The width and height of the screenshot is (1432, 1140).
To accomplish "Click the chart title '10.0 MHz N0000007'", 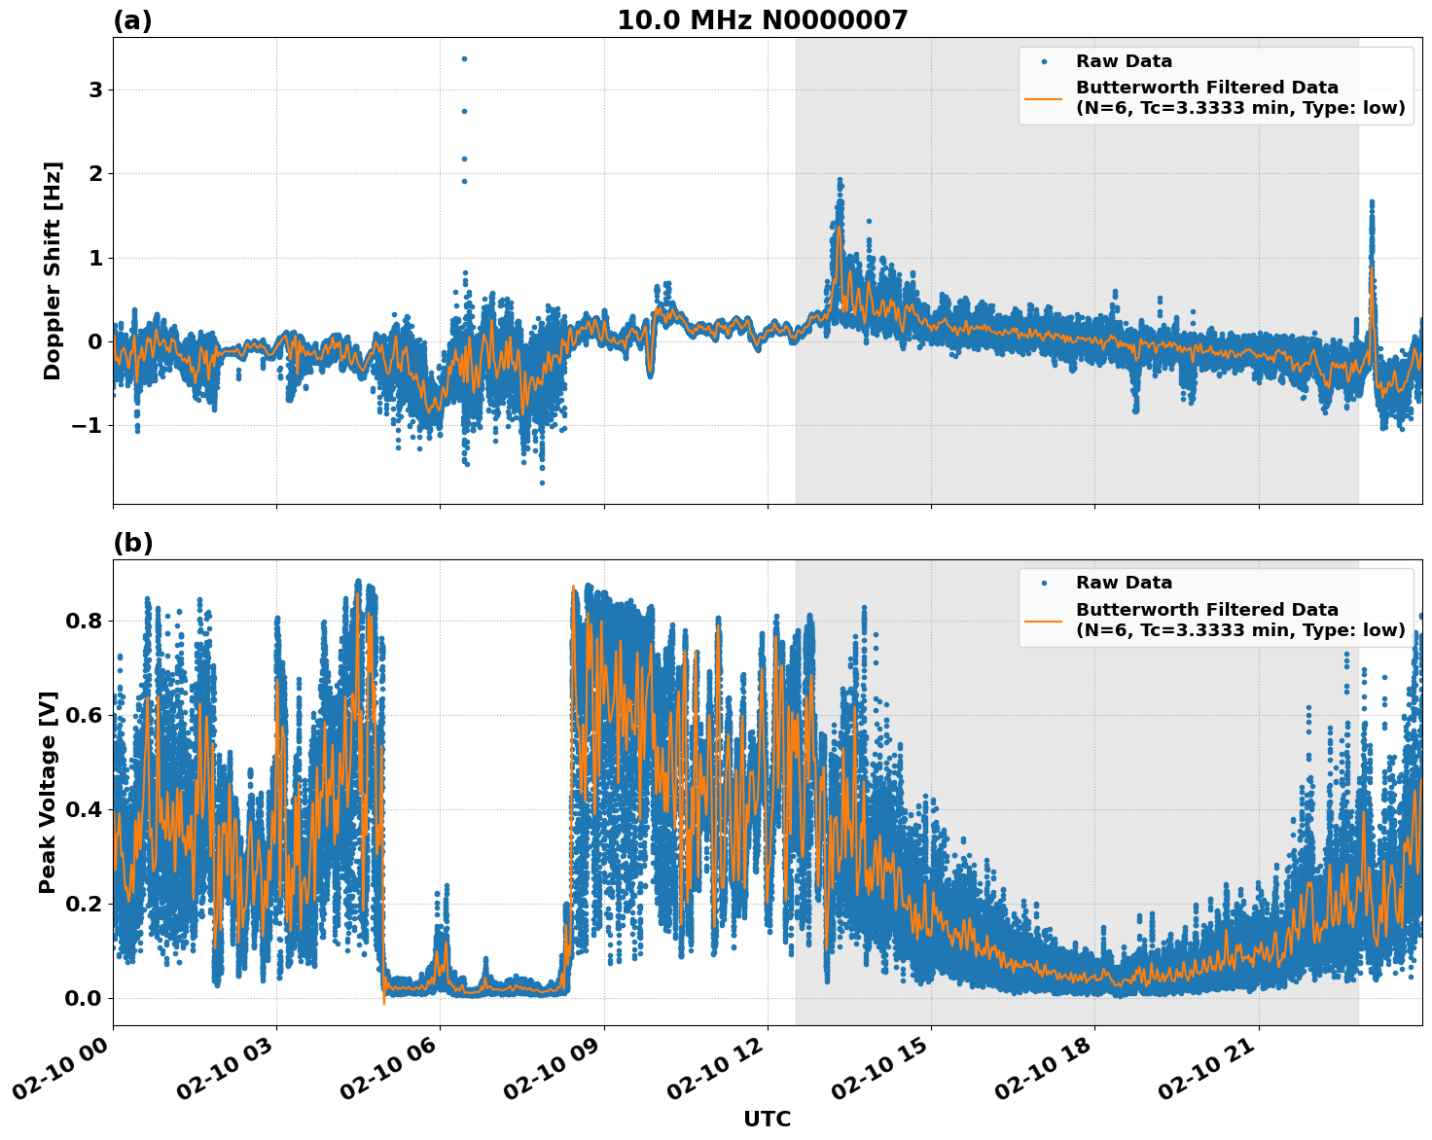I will (762, 20).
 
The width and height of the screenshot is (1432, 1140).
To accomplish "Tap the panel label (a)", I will (132, 20).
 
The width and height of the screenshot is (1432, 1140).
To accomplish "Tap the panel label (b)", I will (132, 543).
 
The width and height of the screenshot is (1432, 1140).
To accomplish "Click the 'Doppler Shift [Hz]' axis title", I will (53, 270).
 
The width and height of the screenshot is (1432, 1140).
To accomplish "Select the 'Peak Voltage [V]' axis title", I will (48, 792).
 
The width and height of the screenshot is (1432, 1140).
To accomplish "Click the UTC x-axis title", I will (767, 1119).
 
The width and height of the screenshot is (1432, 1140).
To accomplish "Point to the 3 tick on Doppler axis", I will (95, 90).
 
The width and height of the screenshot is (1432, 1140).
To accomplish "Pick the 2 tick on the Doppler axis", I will (95, 174).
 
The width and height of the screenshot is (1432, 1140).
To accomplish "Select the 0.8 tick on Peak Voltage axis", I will (84, 621).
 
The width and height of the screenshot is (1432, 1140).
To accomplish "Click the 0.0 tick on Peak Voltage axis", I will (84, 998).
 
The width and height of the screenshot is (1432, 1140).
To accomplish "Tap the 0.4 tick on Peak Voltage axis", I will (84, 809).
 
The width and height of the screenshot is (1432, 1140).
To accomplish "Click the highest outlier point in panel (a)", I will (464, 58).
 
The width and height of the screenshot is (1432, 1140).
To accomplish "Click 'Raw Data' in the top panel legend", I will (1124, 61).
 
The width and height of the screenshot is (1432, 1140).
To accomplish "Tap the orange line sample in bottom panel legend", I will (1044, 620).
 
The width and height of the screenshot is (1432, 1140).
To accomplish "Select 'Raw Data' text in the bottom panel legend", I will (1124, 583).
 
